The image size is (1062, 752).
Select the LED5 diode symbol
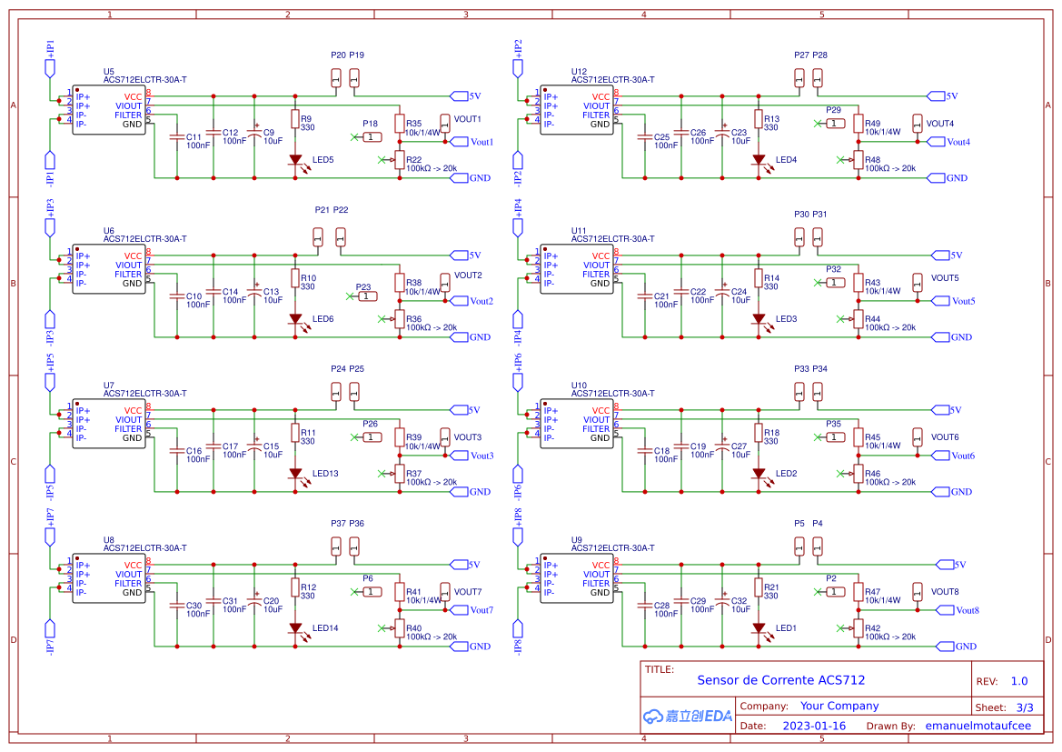(295, 160)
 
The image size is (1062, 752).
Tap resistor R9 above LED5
(295, 119)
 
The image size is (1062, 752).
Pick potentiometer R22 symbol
(400, 160)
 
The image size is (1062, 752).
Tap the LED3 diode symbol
(759, 319)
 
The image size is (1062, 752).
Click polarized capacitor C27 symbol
(722, 446)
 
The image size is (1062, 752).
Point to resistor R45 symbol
(859, 437)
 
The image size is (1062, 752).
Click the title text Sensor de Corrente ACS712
(780, 680)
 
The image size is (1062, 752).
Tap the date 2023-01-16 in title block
(814, 726)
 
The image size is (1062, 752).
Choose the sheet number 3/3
(1024, 707)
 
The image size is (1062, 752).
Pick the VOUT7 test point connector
(445, 591)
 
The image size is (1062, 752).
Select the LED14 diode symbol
(295, 628)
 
